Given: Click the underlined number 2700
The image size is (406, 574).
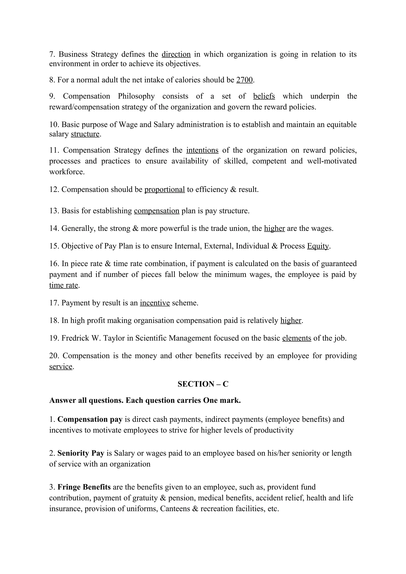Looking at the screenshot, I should pyautogui.click(x=244, y=80).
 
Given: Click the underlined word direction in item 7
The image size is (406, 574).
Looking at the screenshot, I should pyautogui.click(x=176, y=54).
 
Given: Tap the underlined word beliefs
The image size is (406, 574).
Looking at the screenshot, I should pyautogui.click(x=264, y=96).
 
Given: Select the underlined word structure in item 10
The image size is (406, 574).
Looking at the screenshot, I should pyautogui.click(x=85, y=134).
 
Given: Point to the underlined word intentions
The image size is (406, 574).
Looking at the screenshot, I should pyautogui.click(x=202, y=150).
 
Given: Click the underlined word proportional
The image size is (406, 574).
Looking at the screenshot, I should pyautogui.click(x=165, y=190).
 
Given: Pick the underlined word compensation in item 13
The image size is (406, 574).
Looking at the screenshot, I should pyautogui.click(x=157, y=211).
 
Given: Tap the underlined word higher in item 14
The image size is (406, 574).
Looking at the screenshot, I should pyautogui.click(x=274, y=229).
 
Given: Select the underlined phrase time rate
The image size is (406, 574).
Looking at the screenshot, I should pyautogui.click(x=64, y=285).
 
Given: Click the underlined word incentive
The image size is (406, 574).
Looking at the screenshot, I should pyautogui.click(x=155, y=303).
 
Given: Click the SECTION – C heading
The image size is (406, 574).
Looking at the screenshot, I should pyautogui.click(x=203, y=384).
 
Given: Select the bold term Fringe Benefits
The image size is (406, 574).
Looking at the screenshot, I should pyautogui.click(x=84, y=487).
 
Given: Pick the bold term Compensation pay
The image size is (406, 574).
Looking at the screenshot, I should pyautogui.click(x=90, y=419).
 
